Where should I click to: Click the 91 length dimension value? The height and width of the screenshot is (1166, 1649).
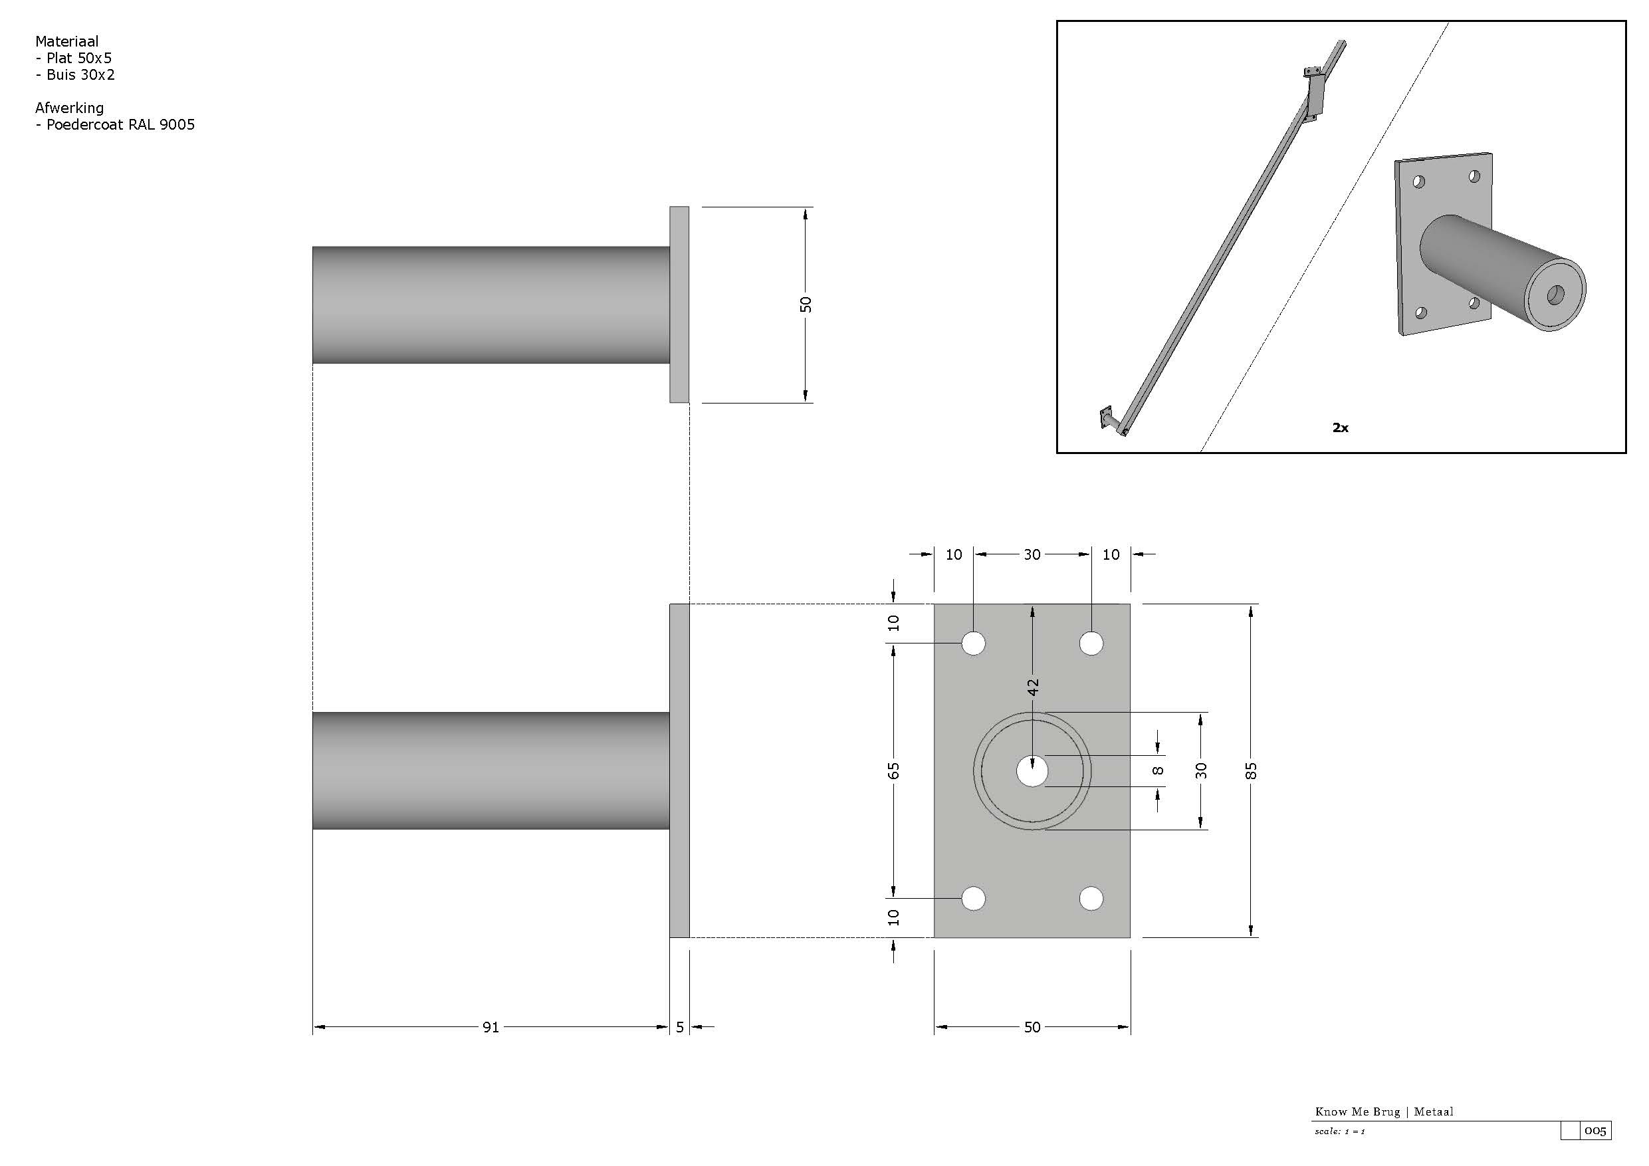point(491,1027)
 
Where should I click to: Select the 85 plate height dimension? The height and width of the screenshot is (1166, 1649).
point(1251,771)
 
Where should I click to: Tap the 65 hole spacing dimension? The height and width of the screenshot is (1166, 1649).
point(893,771)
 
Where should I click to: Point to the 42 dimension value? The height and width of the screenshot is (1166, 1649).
point(1033,687)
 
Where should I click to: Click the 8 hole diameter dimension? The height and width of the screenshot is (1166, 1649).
point(1158,771)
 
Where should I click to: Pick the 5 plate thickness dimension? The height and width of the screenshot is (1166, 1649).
point(680,1027)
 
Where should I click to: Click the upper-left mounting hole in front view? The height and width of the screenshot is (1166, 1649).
point(973,643)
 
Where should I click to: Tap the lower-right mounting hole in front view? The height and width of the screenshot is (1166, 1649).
point(1091,898)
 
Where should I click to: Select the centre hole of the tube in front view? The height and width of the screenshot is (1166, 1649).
point(1032,772)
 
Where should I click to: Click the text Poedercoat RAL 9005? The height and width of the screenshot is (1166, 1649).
point(121,124)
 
